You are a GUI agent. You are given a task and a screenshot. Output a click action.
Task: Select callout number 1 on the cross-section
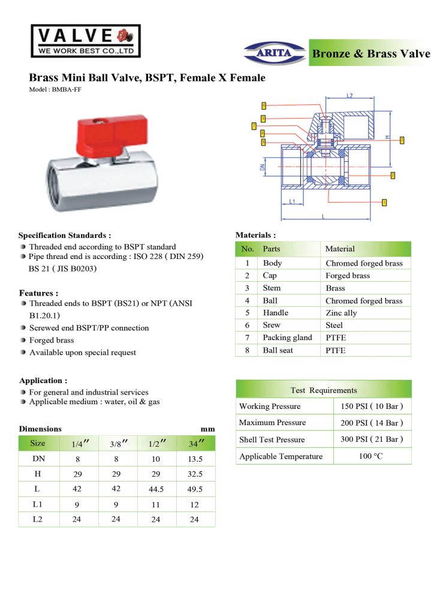pos(384,203)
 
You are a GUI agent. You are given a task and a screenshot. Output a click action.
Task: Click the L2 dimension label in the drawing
pos(349,96)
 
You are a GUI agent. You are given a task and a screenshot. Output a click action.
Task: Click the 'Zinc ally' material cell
pos(341,313)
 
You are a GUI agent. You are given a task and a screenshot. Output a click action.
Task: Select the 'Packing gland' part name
pos(287,338)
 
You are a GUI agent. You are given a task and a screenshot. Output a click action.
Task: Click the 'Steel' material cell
pos(335,325)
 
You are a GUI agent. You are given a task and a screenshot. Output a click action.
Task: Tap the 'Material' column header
pos(340,249)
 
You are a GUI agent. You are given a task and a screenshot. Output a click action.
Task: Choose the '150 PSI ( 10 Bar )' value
pos(372,407)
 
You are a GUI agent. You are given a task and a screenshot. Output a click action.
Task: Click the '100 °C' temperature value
pos(372,456)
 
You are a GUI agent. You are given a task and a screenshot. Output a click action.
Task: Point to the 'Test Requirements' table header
pos(323,390)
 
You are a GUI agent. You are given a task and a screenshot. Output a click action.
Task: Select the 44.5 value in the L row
pos(156,489)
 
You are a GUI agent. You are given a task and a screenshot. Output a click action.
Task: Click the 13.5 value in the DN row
pos(196,459)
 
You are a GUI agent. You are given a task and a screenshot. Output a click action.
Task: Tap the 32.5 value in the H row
pos(196,474)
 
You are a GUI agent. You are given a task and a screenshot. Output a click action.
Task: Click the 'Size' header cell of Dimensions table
pos(38,444)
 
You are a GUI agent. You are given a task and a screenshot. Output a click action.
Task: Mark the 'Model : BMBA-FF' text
pos(55,89)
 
